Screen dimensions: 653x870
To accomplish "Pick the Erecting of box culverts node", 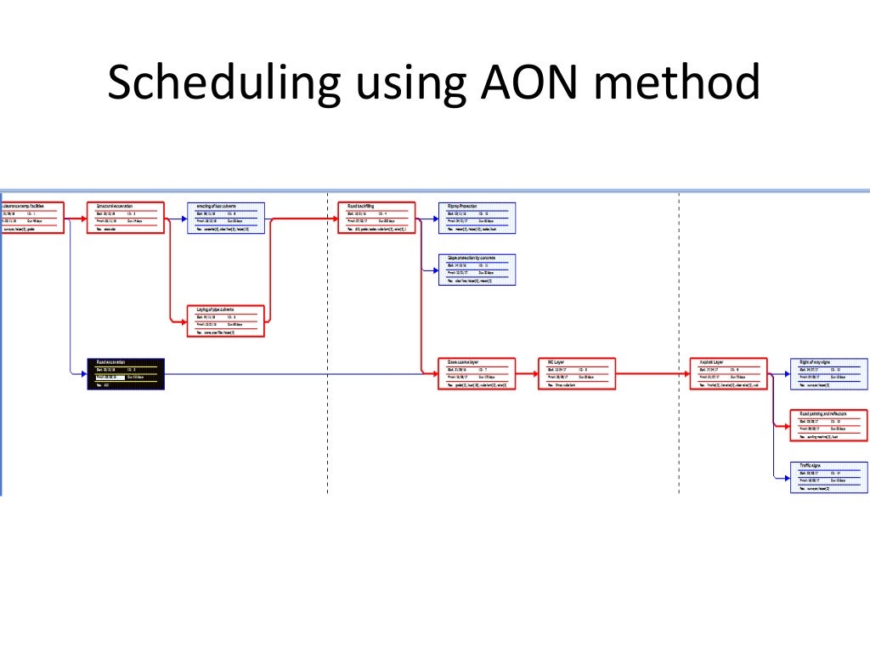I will (225, 218).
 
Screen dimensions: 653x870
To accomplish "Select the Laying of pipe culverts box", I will (225, 321).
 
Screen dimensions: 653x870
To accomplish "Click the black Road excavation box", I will (126, 373).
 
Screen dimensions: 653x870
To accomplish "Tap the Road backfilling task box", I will (376, 218).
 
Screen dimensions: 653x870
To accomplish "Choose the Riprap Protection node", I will (477, 218).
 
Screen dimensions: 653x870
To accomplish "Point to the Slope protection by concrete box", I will (477, 270).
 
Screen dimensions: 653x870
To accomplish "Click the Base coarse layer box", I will (477, 373).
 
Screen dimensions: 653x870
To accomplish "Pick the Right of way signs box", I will (828, 373).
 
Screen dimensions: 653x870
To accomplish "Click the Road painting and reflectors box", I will (828, 425).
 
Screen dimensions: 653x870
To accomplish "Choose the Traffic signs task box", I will (828, 477).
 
